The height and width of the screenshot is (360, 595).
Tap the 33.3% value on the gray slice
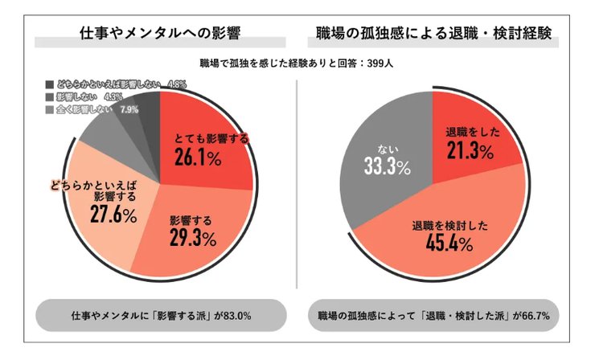(384, 169)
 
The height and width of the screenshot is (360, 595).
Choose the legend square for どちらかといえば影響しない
(50, 84)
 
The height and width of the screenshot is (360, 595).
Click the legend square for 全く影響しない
(50, 109)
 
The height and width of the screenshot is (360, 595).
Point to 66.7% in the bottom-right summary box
(533, 316)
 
